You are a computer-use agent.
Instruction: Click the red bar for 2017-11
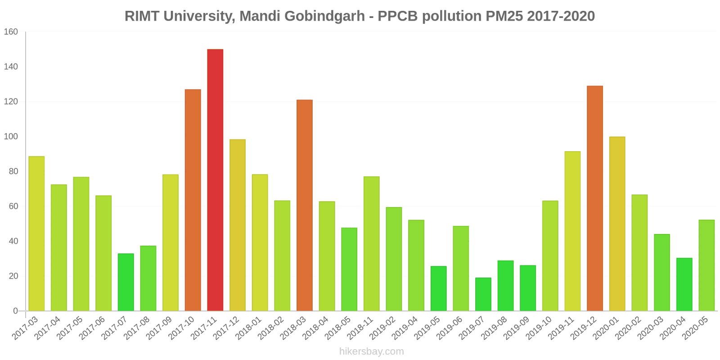[x=215, y=180]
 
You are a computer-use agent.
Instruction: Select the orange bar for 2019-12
[x=595, y=198]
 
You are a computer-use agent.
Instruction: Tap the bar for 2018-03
[x=305, y=205]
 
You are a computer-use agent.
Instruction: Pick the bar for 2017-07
[x=126, y=282]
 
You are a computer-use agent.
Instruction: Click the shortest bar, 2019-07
[x=483, y=294]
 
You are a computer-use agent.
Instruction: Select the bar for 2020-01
[x=617, y=224]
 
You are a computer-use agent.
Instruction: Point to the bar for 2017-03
[x=36, y=234]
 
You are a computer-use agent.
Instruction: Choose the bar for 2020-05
[x=706, y=265]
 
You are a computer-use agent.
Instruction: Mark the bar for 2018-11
[x=372, y=243]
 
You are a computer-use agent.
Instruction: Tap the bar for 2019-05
[x=439, y=288]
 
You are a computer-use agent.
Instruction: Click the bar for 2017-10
[x=193, y=200]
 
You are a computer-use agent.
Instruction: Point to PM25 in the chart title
[x=503, y=16]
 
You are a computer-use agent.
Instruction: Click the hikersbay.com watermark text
[x=372, y=351]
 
